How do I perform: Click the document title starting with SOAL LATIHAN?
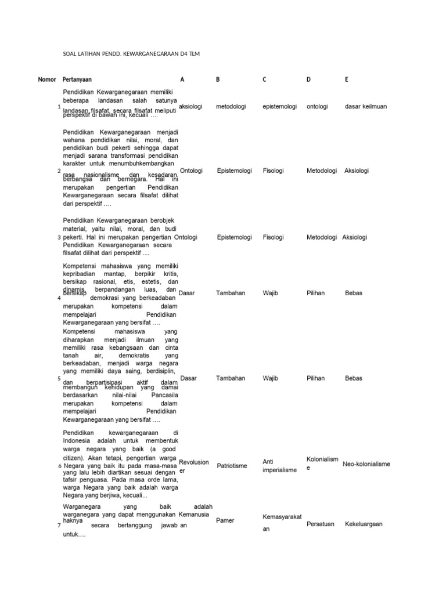coord(134,54)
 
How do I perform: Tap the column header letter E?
coord(346,79)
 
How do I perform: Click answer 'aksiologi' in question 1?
coord(190,107)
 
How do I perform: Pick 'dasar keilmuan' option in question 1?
coord(365,107)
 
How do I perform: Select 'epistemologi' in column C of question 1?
coord(280,107)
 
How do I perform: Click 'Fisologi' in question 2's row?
coord(273,171)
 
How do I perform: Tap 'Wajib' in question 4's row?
coord(270,294)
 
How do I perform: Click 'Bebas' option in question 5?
coord(353,378)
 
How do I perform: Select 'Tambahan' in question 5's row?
coord(231,378)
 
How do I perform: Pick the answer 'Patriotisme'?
coord(232,466)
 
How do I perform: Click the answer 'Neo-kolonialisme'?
coord(366,465)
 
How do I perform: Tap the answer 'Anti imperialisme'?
coord(279,466)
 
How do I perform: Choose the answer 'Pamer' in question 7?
coord(225,521)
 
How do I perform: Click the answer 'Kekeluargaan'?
coord(364,524)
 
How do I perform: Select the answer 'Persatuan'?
coord(320,524)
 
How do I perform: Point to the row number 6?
coord(60,466)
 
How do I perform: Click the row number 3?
coord(60,238)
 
